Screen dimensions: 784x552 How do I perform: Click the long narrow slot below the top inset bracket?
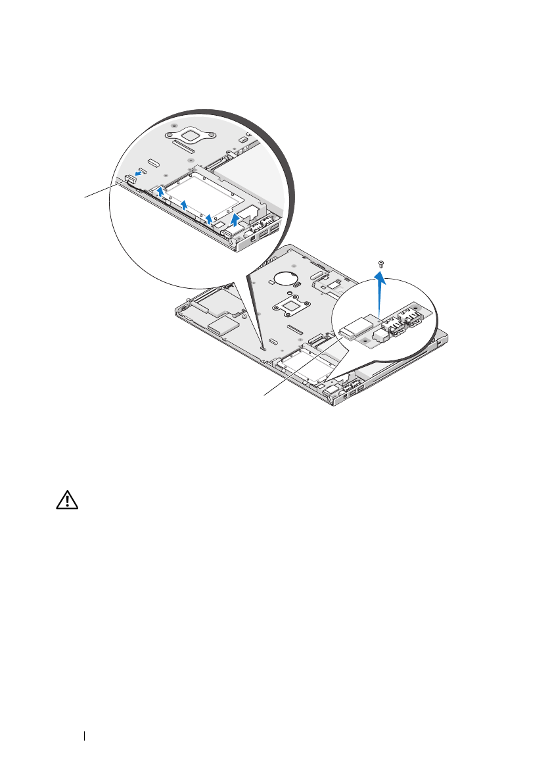(x=154, y=161)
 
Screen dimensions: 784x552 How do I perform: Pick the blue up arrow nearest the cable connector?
(x=160, y=192)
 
